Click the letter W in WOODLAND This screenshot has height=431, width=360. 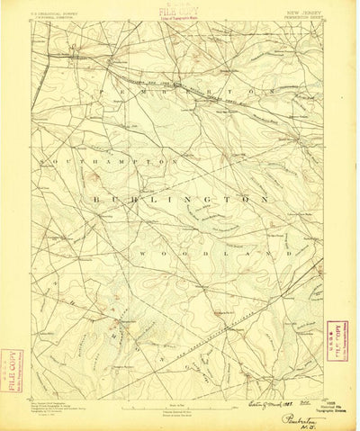click(x=143, y=255)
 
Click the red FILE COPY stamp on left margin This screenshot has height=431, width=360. click(x=11, y=370)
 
